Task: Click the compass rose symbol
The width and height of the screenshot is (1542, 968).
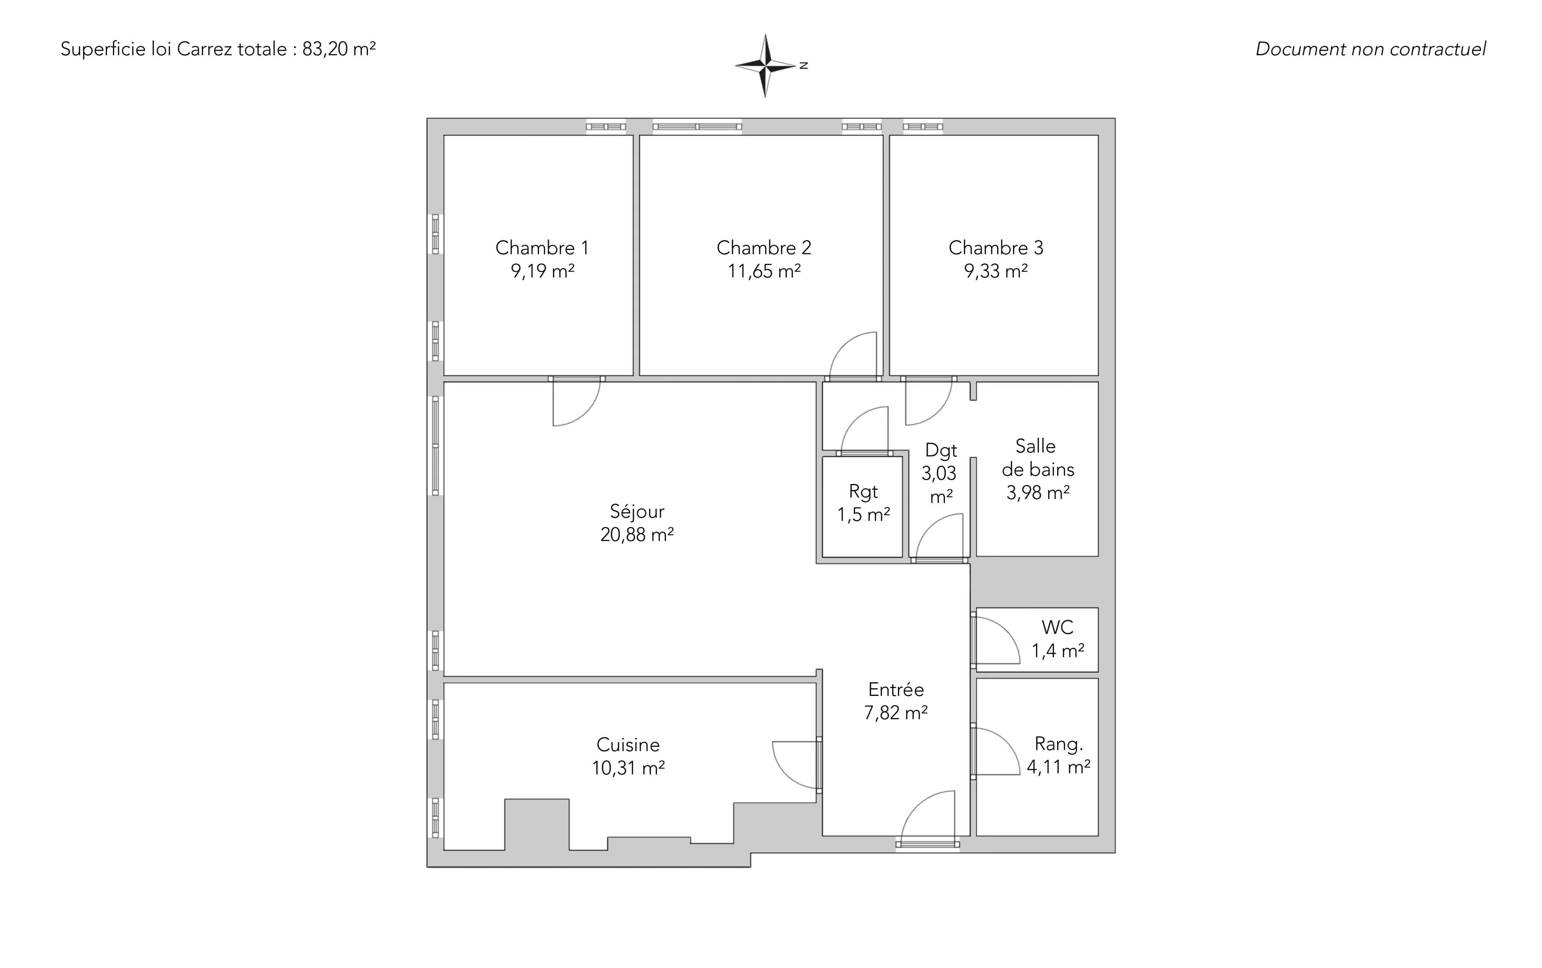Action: [x=765, y=65]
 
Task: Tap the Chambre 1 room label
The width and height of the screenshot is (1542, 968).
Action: [x=542, y=248]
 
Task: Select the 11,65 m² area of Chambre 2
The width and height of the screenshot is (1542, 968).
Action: [x=764, y=271]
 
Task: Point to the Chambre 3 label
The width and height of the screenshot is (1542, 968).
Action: [x=996, y=248]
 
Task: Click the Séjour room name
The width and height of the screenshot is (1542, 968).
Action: [x=637, y=511]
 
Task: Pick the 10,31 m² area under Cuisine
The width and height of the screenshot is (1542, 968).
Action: [x=628, y=768]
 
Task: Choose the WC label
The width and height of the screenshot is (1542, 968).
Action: [x=1057, y=627]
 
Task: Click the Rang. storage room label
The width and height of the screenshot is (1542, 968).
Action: [x=1059, y=744]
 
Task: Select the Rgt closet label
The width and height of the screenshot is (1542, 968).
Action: [x=863, y=492]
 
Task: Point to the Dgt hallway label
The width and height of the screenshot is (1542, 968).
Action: [x=941, y=451]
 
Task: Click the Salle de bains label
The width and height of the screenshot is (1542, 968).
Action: [x=1038, y=458]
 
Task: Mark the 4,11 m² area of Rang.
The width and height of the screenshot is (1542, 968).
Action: [x=1059, y=767]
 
